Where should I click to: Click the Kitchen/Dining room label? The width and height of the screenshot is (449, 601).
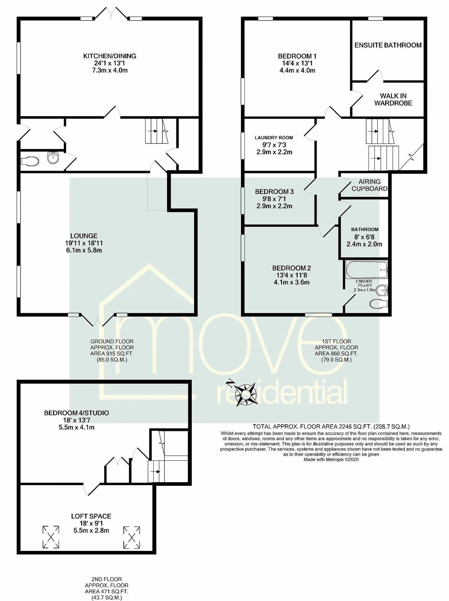pos(110,56)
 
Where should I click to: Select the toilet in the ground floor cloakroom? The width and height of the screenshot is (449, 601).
pos(29,161)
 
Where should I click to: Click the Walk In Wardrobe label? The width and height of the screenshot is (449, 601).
pos(393,99)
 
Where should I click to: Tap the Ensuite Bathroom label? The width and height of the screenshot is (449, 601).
pos(388,45)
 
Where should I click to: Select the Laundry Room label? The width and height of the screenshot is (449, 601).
pos(274,138)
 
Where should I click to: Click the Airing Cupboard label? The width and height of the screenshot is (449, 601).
pos(369,185)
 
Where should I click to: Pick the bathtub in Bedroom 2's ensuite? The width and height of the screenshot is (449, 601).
pos(367,270)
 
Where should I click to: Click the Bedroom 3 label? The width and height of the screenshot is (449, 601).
pos(274,192)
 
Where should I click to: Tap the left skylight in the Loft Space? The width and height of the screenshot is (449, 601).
pos(51,537)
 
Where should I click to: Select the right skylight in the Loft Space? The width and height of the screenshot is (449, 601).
pos(132,537)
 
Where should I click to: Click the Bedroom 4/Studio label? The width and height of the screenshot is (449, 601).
pos(77,413)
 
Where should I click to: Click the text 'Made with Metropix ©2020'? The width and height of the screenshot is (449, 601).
pos(331,459)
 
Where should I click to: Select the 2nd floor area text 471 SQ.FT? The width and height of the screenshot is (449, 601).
pos(107,591)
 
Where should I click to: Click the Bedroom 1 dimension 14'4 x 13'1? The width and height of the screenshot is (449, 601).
pos(297,63)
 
